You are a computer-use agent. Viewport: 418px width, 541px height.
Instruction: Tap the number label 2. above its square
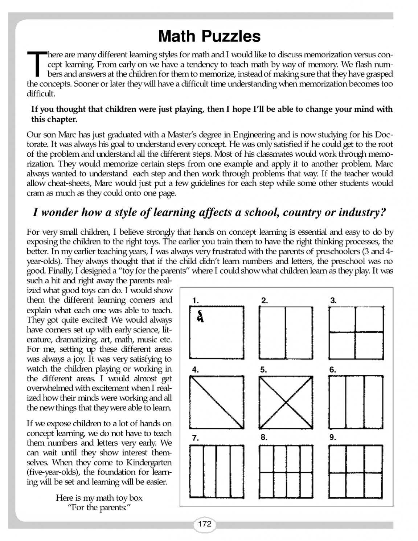click(265, 300)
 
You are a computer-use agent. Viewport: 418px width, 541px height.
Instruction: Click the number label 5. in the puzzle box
click(263, 370)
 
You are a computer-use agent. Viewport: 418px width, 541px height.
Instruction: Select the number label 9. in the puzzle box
click(332, 437)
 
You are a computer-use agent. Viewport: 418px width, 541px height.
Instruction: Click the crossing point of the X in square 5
click(286, 402)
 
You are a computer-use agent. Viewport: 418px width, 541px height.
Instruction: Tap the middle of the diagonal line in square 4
click(217, 402)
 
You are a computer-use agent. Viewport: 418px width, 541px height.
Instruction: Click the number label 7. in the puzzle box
click(195, 438)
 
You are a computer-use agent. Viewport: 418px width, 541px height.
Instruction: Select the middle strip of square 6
click(355, 402)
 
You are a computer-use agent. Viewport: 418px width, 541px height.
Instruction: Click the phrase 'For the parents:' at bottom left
click(99, 507)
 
